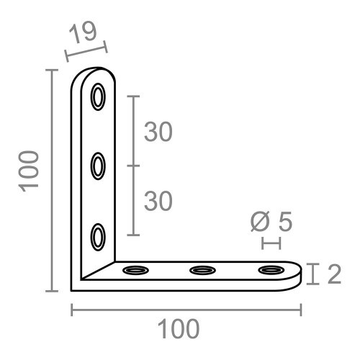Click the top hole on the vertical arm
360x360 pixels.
click(99, 97)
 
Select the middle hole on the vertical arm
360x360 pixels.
click(99, 166)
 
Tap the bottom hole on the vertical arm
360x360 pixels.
click(99, 236)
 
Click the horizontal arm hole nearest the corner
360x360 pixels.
click(135, 271)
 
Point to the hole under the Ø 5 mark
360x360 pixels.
click(270, 271)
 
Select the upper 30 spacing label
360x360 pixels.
click(158, 132)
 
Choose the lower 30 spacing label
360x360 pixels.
click(158, 201)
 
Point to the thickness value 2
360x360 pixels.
click(333, 274)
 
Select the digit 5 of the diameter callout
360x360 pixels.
click(284, 222)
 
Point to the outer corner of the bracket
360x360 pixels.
click(73, 289)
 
